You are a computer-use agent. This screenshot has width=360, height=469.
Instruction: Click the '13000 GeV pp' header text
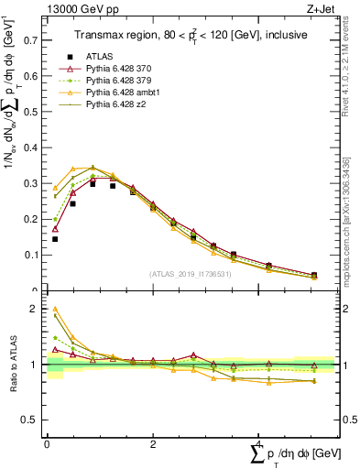click(76, 8)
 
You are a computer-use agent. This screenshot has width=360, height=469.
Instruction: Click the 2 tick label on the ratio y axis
click(35, 310)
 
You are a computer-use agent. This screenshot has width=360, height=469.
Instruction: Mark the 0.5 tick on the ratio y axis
click(31, 420)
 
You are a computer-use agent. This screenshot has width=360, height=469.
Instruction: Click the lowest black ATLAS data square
click(55, 239)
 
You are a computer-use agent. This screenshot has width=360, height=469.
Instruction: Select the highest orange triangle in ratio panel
click(55, 310)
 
